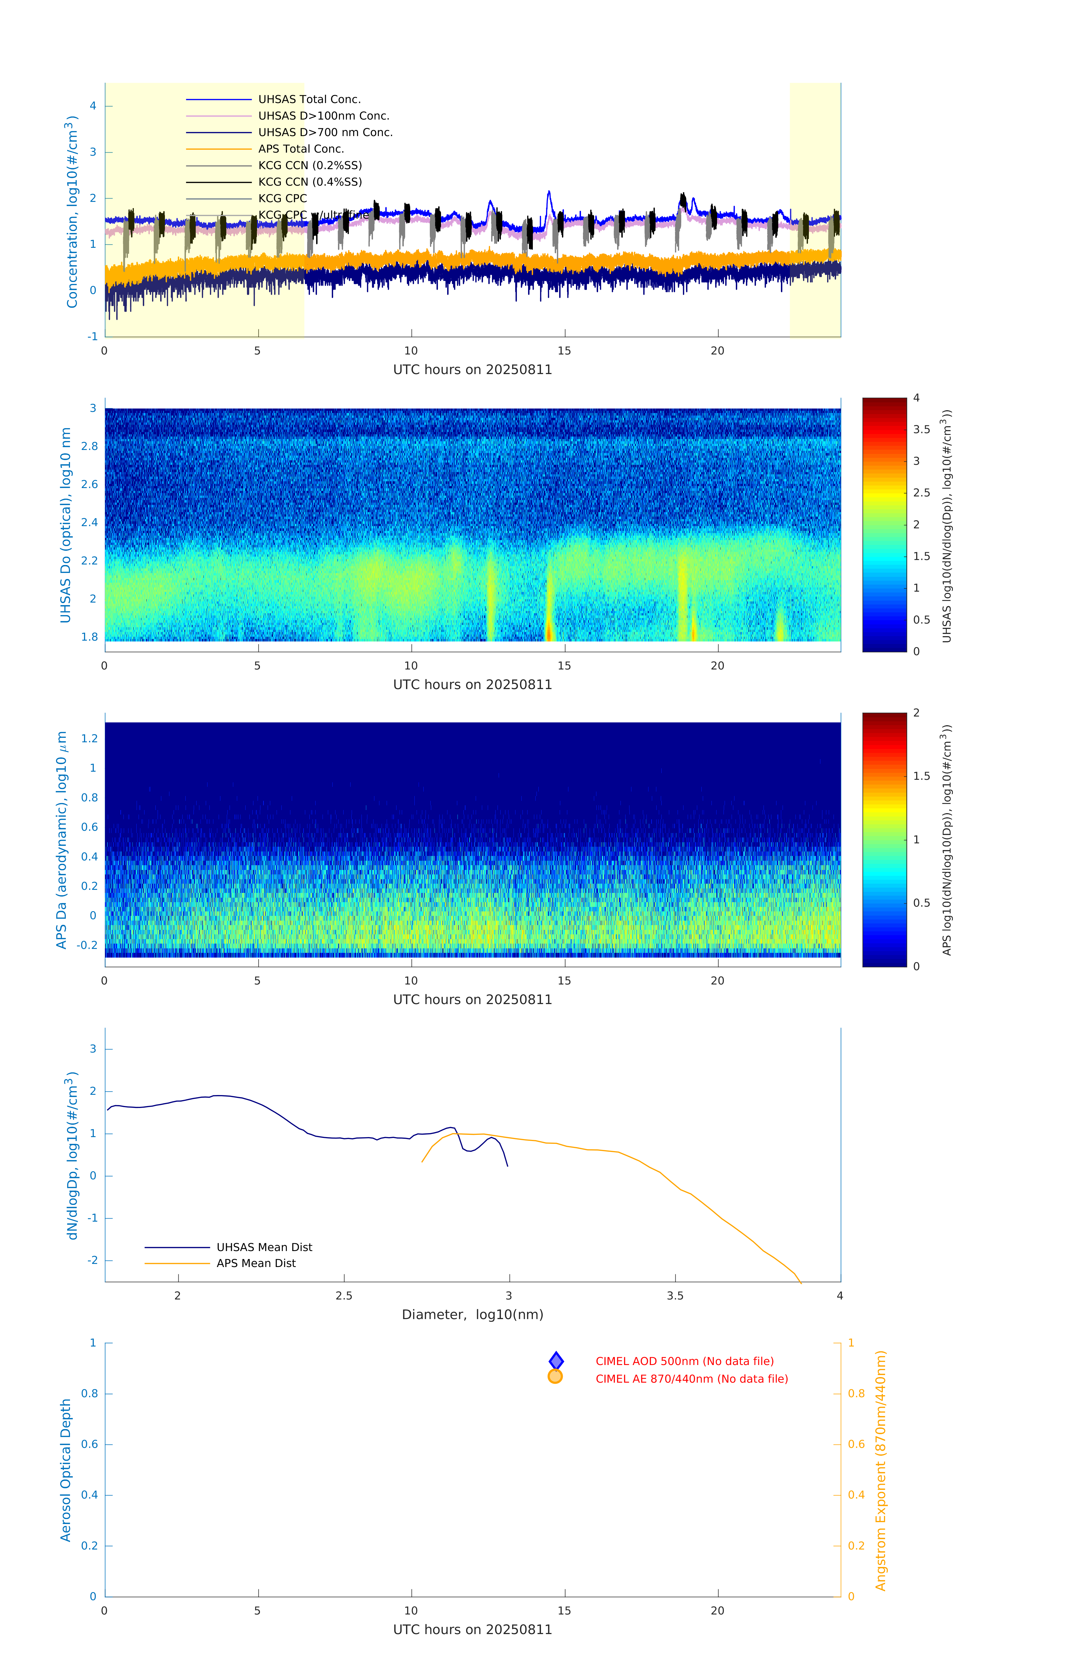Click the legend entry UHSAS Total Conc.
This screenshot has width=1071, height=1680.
pyautogui.click(x=309, y=99)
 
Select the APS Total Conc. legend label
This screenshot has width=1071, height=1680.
pyautogui.click(x=301, y=149)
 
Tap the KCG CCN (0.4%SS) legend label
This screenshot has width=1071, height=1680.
pyautogui.click(x=310, y=181)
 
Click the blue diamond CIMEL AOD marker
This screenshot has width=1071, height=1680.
pyautogui.click(x=556, y=1361)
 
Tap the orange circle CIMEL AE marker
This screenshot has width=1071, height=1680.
pyautogui.click(x=556, y=1376)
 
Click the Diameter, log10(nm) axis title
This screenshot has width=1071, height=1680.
pyautogui.click(x=472, y=1314)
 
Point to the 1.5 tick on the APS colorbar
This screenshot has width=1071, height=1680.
pyautogui.click(x=921, y=776)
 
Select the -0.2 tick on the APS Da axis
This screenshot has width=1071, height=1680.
pyautogui.click(x=87, y=945)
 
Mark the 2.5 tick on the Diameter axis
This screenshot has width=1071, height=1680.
pyautogui.click(x=344, y=1296)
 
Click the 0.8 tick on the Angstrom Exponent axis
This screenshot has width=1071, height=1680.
pyautogui.click(x=856, y=1393)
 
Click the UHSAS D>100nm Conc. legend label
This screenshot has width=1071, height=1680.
pyautogui.click(x=324, y=116)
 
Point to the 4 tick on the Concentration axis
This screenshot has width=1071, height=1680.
pyautogui.click(x=93, y=106)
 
